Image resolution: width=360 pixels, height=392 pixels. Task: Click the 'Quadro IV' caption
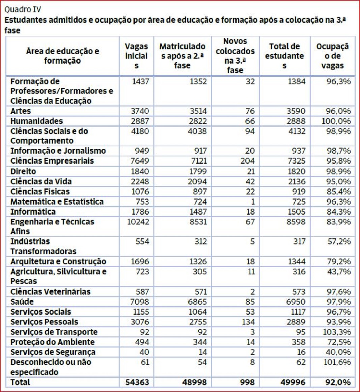click(23, 9)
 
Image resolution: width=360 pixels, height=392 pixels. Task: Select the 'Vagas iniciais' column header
click(137, 56)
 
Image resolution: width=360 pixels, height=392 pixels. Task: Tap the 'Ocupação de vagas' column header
click(332, 56)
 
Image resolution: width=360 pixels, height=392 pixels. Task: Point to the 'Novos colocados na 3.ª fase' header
click(235, 56)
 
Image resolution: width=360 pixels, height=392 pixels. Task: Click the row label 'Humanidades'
click(37, 121)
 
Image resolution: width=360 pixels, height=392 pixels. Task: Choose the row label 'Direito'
click(23, 171)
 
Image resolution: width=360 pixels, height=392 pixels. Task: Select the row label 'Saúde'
click(22, 302)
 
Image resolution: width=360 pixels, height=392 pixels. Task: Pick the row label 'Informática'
click(33, 211)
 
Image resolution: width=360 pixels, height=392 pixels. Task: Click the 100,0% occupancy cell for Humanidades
click(336, 121)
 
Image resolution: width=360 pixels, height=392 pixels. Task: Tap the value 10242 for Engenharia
click(138, 221)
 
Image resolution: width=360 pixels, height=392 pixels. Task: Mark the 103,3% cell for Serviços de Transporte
click(336, 332)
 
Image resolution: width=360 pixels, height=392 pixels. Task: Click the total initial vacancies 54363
click(137, 382)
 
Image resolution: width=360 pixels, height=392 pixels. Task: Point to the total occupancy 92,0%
click(338, 382)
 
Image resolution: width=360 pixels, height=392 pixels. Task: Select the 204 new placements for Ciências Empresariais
click(248, 161)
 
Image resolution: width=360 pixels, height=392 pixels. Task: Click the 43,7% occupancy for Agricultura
click(339, 271)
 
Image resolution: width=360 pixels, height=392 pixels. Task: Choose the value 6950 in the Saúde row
click(296, 302)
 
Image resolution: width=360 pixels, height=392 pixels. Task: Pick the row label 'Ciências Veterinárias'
click(51, 292)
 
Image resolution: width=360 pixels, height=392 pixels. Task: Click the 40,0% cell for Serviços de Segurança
click(339, 352)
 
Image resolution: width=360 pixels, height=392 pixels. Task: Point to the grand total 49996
click(293, 382)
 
